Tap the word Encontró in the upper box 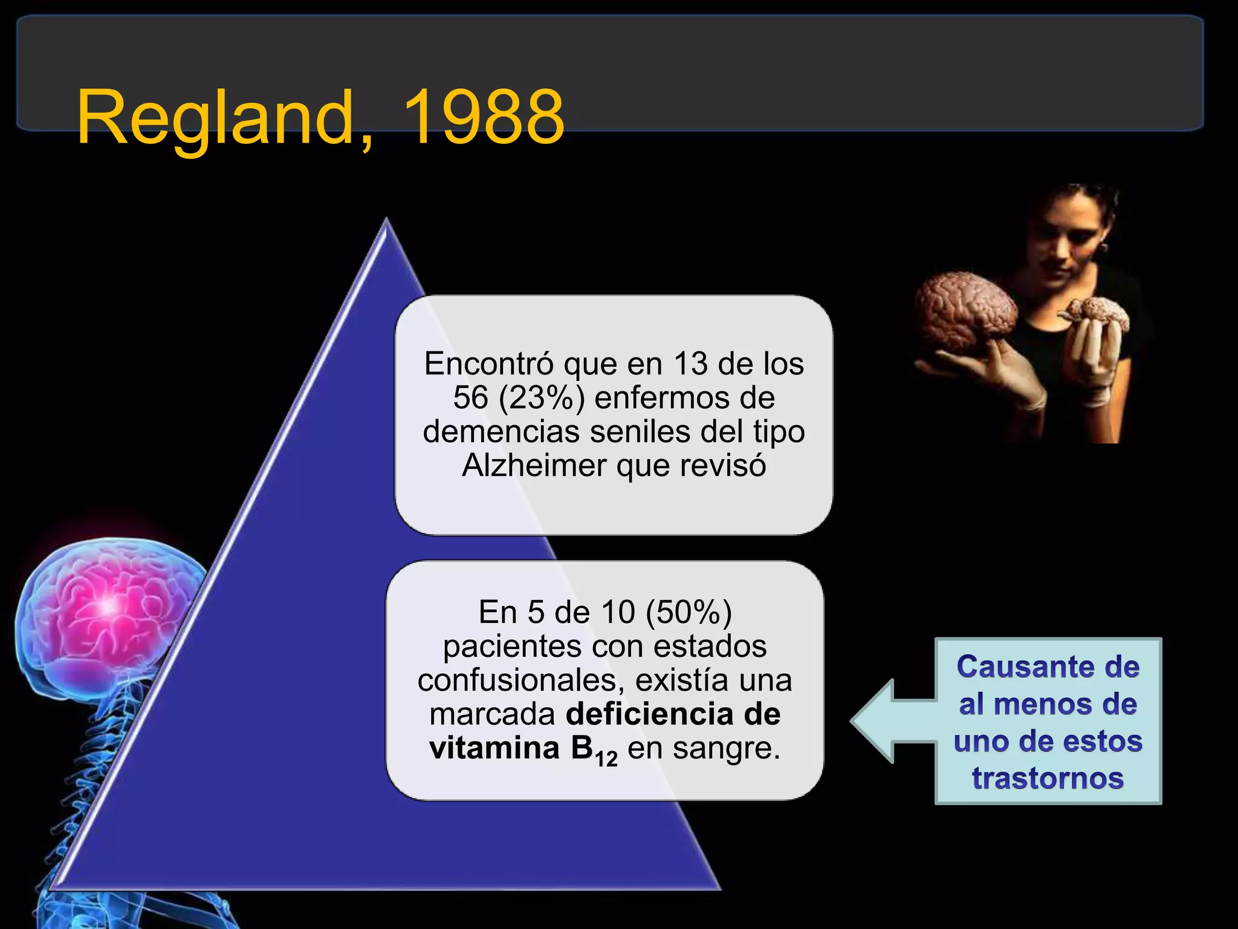[x=489, y=364]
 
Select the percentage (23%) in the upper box [x=542, y=398]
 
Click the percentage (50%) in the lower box [x=689, y=612]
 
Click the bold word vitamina [x=494, y=748]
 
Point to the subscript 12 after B [x=606, y=758]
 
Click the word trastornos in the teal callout [x=1048, y=778]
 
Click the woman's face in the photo [x=1074, y=239]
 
